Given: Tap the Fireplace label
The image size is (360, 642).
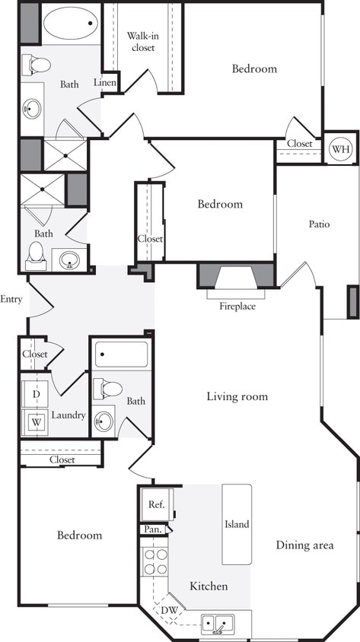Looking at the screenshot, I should coord(237,307).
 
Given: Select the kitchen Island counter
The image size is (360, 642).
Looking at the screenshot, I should coord(237,524).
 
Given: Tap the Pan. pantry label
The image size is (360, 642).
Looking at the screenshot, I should coord(151,529).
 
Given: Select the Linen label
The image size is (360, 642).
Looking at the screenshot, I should coord(105,82).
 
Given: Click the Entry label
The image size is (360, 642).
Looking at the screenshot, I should coord(12,299).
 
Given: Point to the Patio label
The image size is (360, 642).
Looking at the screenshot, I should coord(319,224).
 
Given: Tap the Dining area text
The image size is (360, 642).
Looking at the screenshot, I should coord(304,545).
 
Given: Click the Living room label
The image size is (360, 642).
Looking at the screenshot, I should coord(237,396).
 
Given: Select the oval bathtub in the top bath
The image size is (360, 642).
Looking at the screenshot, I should coord(70,23).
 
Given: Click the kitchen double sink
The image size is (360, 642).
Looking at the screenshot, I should coord(218,625).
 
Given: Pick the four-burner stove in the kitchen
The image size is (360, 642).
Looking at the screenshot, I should coord(156,561).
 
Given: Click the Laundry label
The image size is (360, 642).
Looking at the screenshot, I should coord(68,415).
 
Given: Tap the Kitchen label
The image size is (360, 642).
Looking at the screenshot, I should coord(209,586).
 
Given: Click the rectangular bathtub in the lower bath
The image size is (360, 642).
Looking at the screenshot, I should coord(122,354).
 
